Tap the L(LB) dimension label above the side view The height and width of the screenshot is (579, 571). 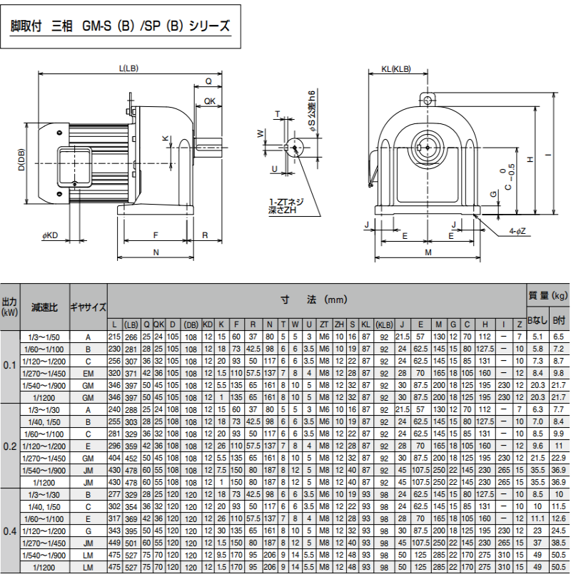coord(128,69)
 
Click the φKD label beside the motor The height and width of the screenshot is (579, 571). coord(51,235)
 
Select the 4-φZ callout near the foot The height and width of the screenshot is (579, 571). coord(517,231)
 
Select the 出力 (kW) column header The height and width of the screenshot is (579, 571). coord(10,307)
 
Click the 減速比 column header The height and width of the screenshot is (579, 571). coord(45,307)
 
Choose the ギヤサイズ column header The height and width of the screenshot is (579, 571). coord(88,307)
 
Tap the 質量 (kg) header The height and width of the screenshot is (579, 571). coord(548,295)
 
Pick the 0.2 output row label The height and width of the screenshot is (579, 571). coord(10,446)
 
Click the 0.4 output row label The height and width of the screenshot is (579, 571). coord(10,531)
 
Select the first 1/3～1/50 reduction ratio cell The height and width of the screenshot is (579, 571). coord(45,337)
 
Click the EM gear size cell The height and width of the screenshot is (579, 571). coord(88,373)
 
